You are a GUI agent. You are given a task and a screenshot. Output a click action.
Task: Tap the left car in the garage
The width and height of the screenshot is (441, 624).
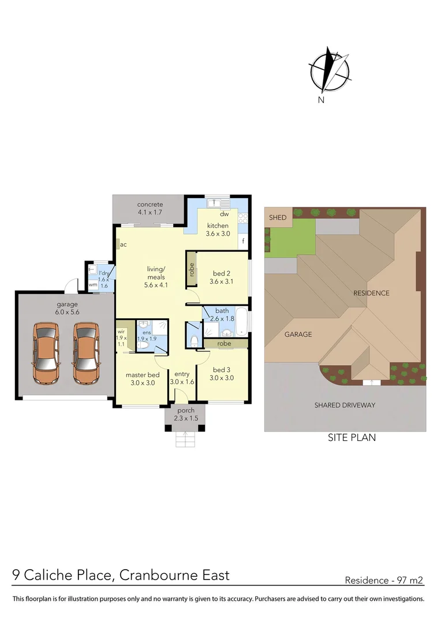click(46, 353)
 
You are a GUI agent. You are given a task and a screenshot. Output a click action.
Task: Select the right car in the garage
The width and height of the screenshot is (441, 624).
click(85, 353)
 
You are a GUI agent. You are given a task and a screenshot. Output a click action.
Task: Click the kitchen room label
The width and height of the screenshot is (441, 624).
click(218, 225)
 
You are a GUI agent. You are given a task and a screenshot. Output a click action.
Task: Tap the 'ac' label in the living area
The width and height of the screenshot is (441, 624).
click(124, 244)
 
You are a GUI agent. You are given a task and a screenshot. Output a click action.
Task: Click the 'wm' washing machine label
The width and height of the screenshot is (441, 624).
click(92, 285)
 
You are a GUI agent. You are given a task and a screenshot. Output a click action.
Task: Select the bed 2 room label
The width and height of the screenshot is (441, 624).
click(222, 273)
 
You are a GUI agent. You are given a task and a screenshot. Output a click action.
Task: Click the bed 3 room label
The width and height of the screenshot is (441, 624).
click(222, 370)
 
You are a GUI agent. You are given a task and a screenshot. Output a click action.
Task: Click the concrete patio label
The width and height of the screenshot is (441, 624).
click(150, 205)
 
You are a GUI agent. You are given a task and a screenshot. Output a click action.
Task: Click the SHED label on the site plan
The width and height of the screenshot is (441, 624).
click(278, 217)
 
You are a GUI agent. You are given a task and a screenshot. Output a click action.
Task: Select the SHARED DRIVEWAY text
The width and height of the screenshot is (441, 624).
click(345, 405)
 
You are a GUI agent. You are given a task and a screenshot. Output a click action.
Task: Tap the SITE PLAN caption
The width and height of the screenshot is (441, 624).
click(352, 437)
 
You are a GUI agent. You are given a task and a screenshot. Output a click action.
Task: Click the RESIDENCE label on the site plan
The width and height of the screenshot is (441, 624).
click(371, 293)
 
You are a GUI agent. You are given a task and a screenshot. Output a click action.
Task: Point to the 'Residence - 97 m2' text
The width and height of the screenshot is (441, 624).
click(384, 580)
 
